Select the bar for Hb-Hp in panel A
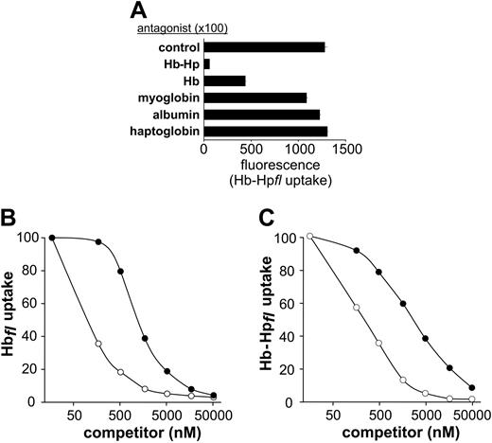point(207,62)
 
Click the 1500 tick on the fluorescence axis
point(347,149)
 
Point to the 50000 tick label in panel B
point(213,414)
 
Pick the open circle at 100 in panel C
point(309,237)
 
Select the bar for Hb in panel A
point(224,80)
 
